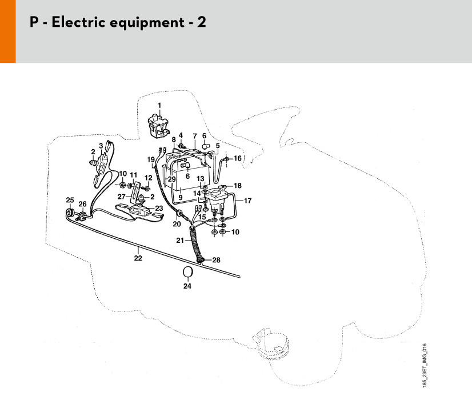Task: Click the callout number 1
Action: (x=159, y=105)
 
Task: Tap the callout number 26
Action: (x=82, y=205)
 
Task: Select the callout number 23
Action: (x=159, y=209)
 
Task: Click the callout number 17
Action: (x=247, y=201)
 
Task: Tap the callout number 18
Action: (x=238, y=186)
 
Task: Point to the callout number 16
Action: (x=238, y=158)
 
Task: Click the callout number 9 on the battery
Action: (x=181, y=198)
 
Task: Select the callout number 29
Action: (x=171, y=179)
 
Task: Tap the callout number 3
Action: (x=101, y=146)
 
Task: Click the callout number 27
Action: (x=122, y=197)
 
